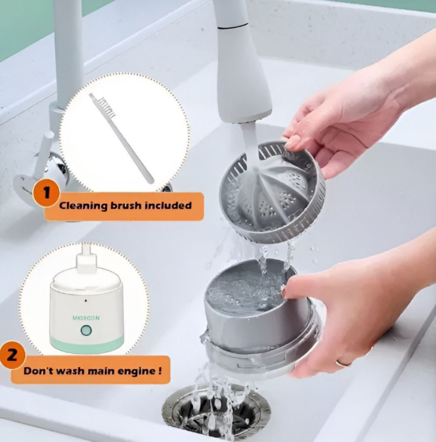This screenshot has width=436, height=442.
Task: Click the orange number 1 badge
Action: [46, 193]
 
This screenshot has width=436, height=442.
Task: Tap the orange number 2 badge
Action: [12, 355]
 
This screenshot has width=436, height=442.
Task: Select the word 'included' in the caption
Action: [168, 205]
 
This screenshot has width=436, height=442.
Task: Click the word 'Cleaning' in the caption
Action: [83, 205]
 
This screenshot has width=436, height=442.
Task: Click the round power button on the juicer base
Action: [86, 330]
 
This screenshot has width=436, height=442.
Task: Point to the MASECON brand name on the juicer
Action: [86, 318]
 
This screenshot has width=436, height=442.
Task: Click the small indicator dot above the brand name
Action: [86, 301]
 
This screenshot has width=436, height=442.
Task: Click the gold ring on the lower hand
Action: [343, 363]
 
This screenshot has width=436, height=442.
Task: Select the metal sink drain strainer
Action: [216, 413]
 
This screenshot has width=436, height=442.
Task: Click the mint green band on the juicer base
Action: [87, 344]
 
